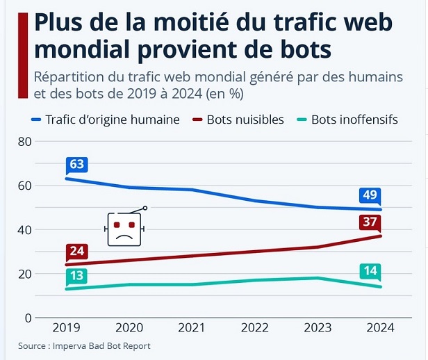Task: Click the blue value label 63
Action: [x=76, y=165]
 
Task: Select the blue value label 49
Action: [x=370, y=195]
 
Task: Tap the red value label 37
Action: [x=370, y=222]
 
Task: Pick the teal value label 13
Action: [x=76, y=276]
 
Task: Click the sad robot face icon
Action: [x=124, y=228]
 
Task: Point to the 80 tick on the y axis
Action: [x=25, y=142]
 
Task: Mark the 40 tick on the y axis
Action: [x=25, y=230]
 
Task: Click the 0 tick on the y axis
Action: [x=28, y=318]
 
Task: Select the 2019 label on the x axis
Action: [x=66, y=328]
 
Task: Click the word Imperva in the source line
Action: [x=74, y=345]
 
